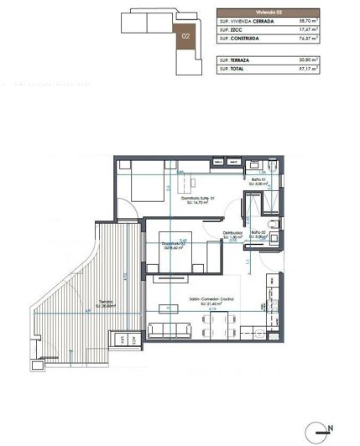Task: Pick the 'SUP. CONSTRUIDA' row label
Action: pyautogui.click(x=237, y=39)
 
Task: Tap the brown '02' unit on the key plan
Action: pyautogui.click(x=185, y=36)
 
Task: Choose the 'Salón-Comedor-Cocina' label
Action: pyautogui.click(x=212, y=299)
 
